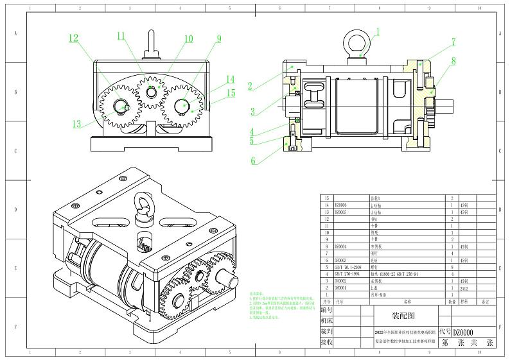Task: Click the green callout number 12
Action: tap(74, 39)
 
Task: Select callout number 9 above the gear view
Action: tap(218, 39)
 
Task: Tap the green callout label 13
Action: tap(77, 124)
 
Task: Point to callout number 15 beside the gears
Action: tap(231, 93)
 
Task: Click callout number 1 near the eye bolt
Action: tap(378, 31)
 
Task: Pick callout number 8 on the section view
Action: tap(453, 62)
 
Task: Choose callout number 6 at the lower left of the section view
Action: tap(253, 160)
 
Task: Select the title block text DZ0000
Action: tap(463, 332)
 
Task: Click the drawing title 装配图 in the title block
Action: tap(404, 316)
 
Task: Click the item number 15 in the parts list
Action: tap(328, 199)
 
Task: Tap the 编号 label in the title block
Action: tap(326, 309)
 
